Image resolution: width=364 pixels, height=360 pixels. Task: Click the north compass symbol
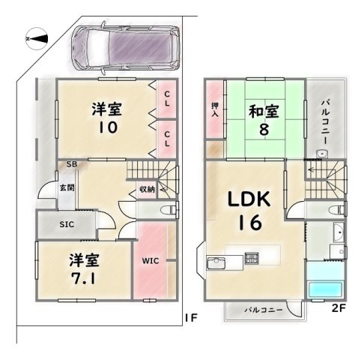pyautogui.click(x=37, y=38)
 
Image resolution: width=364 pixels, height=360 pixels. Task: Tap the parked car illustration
pyautogui.click(x=125, y=48)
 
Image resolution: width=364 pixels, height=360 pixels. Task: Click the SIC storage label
pyautogui.click(x=67, y=224)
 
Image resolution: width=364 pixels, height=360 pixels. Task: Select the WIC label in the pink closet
pyautogui.click(x=151, y=261)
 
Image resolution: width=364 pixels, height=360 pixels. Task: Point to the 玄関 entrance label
pyautogui.click(x=67, y=187)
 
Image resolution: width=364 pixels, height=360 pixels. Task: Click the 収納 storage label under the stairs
pyautogui.click(x=147, y=189)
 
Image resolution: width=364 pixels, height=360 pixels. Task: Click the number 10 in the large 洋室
pyautogui.click(x=108, y=127)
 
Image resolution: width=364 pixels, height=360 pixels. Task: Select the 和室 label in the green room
pyautogui.click(x=264, y=111)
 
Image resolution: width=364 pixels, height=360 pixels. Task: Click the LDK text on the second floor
pyautogui.click(x=249, y=199)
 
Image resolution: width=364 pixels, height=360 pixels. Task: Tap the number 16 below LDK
pyautogui.click(x=250, y=223)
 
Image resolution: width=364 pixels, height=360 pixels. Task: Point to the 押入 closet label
pyautogui.click(x=215, y=109)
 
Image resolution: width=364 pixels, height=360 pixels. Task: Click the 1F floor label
pyautogui.click(x=191, y=318)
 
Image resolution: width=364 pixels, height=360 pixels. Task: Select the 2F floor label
pyautogui.click(x=339, y=308)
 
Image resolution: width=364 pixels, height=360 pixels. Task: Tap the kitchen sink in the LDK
pyautogui.click(x=216, y=263)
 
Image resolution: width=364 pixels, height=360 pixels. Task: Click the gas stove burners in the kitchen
pyautogui.click(x=252, y=258)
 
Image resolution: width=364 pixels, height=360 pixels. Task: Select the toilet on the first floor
pyautogui.click(x=169, y=209)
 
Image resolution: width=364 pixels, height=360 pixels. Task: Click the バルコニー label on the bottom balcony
pyautogui.click(x=264, y=310)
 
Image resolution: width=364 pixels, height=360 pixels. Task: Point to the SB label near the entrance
pyautogui.click(x=72, y=164)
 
